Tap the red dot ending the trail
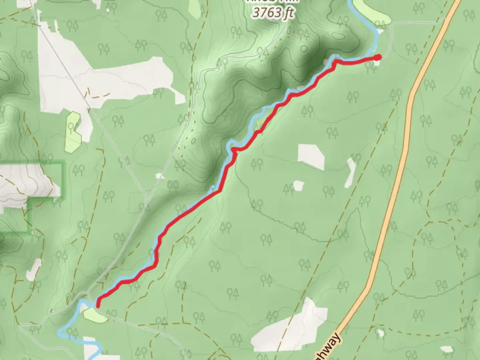(x=377, y=58)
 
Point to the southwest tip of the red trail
(x=98, y=305)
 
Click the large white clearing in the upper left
(x=100, y=80)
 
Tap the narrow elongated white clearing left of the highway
(x=351, y=172)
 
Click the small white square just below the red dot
(x=376, y=63)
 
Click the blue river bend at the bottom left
(x=62, y=332)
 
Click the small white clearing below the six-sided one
(x=298, y=186)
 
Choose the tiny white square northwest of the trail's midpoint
(x=160, y=176)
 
